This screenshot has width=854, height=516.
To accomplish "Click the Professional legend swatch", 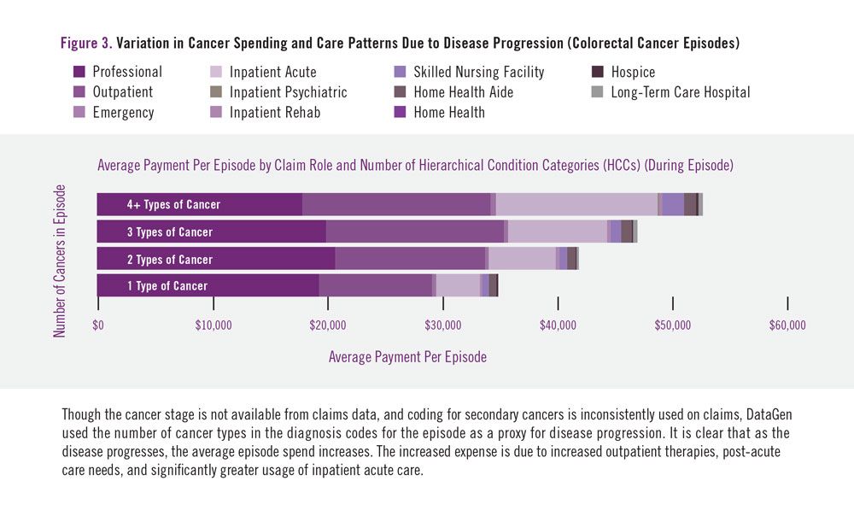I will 79,73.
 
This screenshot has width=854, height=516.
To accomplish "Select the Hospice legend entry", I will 633,73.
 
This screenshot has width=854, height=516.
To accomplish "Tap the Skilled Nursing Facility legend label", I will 478,73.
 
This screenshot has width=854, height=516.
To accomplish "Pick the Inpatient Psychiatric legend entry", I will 288,92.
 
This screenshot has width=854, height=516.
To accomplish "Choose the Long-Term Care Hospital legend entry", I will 680,92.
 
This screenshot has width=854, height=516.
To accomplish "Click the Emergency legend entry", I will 123,113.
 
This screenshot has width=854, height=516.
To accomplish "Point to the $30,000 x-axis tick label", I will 442,325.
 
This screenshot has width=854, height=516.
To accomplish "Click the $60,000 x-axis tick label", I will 787,325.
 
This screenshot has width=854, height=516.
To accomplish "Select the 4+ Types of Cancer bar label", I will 173,205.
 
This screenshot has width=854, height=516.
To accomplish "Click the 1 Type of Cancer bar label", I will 167,286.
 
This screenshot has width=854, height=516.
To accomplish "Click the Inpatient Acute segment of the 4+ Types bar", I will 576,205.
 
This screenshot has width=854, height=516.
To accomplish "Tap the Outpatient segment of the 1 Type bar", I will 375,286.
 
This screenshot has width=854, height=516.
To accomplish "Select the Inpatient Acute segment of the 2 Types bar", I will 522,259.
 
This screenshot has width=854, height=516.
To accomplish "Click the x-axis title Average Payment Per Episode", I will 407,357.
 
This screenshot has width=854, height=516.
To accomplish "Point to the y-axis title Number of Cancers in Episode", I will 60,261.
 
